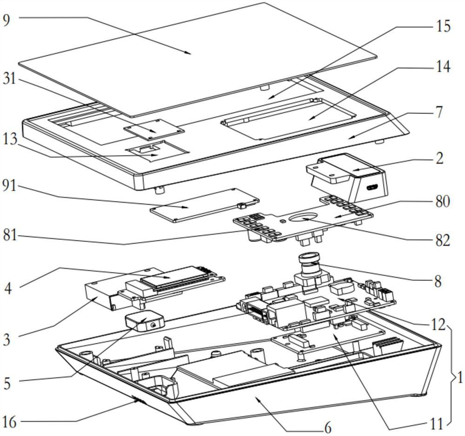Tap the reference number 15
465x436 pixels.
pos(443,26)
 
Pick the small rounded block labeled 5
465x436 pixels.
pos(144,321)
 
